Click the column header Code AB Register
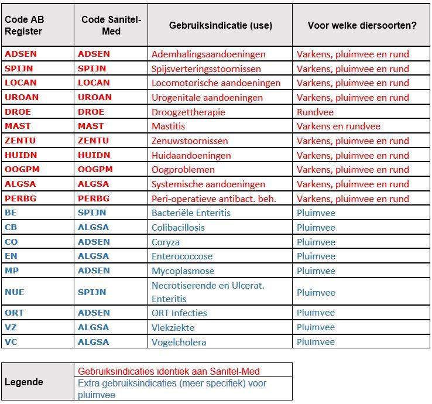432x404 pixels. (x=25, y=26)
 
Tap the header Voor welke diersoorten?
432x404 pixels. (x=362, y=26)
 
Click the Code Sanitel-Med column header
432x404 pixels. (x=111, y=26)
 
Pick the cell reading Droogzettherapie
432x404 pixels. (x=188, y=112)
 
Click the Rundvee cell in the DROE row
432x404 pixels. (x=314, y=112)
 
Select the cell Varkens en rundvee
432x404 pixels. (x=338, y=126)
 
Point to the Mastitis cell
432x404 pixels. (x=168, y=126)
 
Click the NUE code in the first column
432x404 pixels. (x=15, y=292)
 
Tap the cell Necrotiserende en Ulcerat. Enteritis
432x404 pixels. (x=208, y=292)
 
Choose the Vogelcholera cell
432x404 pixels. (x=179, y=342)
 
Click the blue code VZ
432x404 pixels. (x=11, y=327)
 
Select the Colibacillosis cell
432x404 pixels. (x=178, y=227)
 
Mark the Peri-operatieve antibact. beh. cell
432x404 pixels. (x=213, y=198)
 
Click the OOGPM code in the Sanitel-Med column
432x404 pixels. (x=95, y=169)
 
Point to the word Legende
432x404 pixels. (x=24, y=382)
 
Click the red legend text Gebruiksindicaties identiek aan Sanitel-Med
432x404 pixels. (x=169, y=371)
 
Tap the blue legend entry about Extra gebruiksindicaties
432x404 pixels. (x=172, y=388)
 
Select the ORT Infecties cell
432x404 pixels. (x=179, y=313)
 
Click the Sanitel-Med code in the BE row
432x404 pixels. (x=92, y=213)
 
